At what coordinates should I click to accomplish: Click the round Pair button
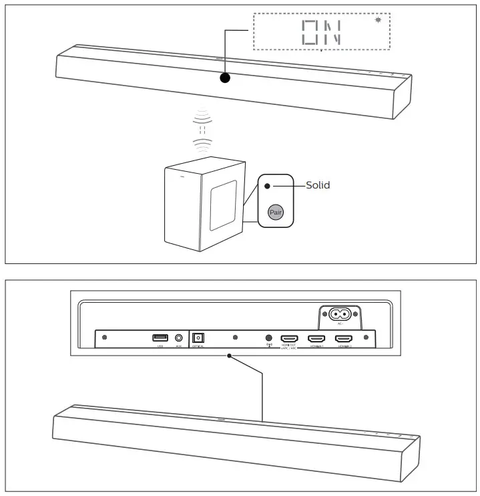coord(275,212)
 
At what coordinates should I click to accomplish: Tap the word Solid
coord(318,185)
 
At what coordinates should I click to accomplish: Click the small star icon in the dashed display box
coord(379,20)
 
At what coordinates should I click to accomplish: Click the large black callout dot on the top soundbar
coord(225,78)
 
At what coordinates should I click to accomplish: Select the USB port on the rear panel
coord(160,338)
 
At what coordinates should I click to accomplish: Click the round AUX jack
coord(179,339)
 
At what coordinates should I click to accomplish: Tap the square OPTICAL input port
coord(198,338)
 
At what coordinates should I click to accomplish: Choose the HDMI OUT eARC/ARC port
coord(289,339)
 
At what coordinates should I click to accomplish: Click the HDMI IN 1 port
coord(316,339)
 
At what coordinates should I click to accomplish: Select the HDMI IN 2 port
coord(343,339)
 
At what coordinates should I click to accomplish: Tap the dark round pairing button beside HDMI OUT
coord(269,339)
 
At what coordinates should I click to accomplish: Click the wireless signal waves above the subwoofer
coord(202,130)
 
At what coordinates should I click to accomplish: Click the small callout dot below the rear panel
coord(229,356)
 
